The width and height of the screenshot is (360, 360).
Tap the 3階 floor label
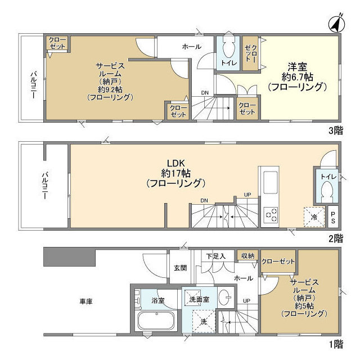pyautogui.click(x=335, y=130)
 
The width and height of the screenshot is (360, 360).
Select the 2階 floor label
pyautogui.click(x=335, y=238)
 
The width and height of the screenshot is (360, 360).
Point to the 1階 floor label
pyautogui.click(x=335, y=343)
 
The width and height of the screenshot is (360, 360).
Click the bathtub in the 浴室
pyautogui.click(x=157, y=322)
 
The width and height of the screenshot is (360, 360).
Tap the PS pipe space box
pyautogui.click(x=333, y=215)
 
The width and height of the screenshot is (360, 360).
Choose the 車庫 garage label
pyautogui.click(x=85, y=301)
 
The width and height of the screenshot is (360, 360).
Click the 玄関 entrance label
pyautogui.click(x=179, y=267)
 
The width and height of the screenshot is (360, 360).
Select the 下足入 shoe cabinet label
pyautogui.click(x=215, y=256)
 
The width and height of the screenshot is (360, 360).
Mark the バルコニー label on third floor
pyautogui.click(x=33, y=84)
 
